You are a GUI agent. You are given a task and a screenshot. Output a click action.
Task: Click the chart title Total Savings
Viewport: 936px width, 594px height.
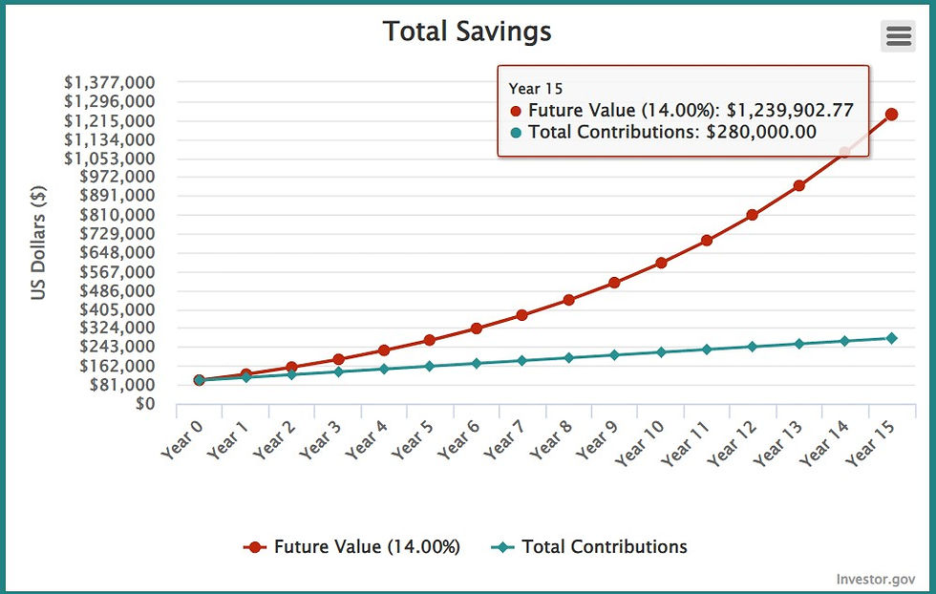click(467, 32)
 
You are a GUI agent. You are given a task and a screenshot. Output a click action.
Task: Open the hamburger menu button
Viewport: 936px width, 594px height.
click(898, 35)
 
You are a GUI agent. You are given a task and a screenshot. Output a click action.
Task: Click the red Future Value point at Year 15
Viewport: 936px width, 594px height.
click(891, 115)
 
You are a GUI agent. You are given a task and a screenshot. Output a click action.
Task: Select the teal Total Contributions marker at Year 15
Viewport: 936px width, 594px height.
click(891, 338)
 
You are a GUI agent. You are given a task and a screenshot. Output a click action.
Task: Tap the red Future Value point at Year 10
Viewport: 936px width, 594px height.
click(661, 263)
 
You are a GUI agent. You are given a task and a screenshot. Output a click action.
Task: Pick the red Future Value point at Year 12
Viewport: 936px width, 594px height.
click(753, 215)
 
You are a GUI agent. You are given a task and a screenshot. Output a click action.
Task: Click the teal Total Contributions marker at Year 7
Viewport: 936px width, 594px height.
click(522, 360)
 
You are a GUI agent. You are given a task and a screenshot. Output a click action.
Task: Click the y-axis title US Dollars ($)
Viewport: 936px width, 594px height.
click(39, 243)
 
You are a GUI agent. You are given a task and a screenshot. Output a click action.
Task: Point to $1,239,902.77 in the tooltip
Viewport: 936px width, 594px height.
click(790, 111)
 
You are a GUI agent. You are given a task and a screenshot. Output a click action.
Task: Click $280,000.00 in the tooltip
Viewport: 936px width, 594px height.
click(761, 133)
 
